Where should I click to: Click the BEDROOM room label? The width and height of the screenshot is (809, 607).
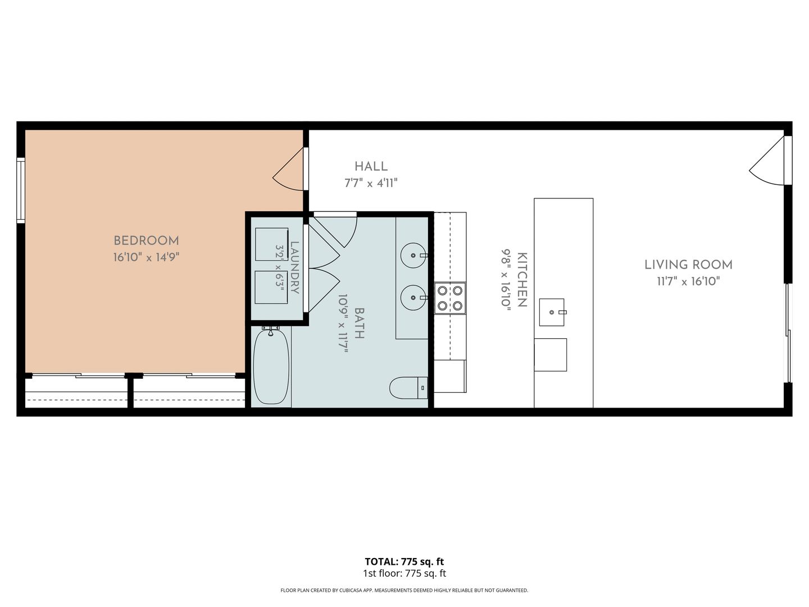click(146, 241)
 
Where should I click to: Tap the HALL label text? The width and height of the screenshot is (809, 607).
click(371, 166)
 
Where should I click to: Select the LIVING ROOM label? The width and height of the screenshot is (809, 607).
click(688, 265)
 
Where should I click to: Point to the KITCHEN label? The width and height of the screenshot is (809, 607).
click(522, 279)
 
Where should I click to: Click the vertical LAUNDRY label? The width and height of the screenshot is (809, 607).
click(295, 267)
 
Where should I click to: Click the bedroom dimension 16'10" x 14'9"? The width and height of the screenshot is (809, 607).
click(146, 257)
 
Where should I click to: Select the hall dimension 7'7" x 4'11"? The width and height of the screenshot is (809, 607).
click(371, 183)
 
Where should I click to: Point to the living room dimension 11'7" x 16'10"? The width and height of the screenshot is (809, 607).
click(688, 281)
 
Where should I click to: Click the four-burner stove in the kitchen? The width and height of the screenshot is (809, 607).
click(450, 298)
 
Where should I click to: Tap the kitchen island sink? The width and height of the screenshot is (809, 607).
click(552, 312)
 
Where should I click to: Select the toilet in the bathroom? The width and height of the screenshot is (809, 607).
click(408, 388)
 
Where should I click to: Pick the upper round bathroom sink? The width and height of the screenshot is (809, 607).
click(413, 255)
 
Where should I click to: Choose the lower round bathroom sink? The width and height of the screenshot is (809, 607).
click(413, 297)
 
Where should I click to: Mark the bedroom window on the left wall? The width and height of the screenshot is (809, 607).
click(21, 191)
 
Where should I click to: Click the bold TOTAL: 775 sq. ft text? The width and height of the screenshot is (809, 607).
click(404, 561)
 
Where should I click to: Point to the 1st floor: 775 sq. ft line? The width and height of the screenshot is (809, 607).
click(404, 573)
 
